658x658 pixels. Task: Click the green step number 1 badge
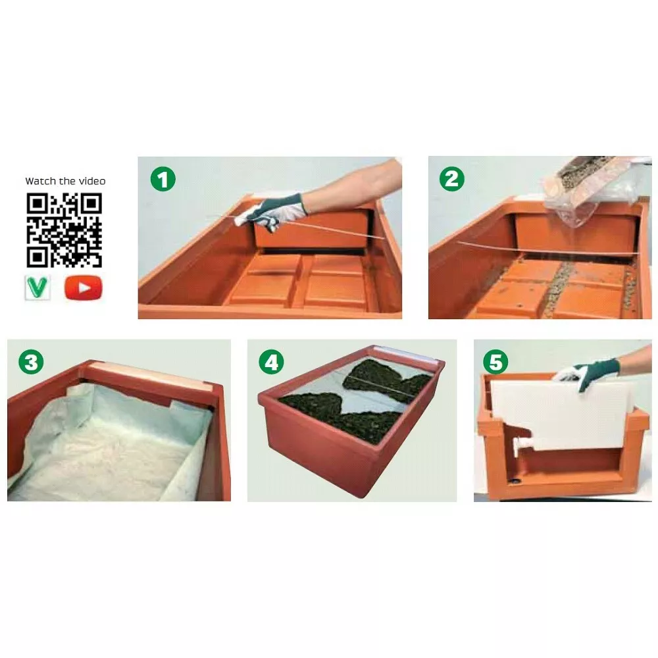pos(163,179)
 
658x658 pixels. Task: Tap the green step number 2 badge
pos(452,179)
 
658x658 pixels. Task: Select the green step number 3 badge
pos(31,362)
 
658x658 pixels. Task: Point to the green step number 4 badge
pos(271,362)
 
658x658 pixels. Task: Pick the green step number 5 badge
pos(495,361)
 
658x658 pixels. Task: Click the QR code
pos(64,230)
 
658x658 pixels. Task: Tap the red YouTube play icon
pos(83,288)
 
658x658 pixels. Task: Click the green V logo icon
pos(38,288)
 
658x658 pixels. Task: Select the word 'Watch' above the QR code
pos(40,182)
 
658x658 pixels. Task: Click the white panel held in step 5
pos(561,415)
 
